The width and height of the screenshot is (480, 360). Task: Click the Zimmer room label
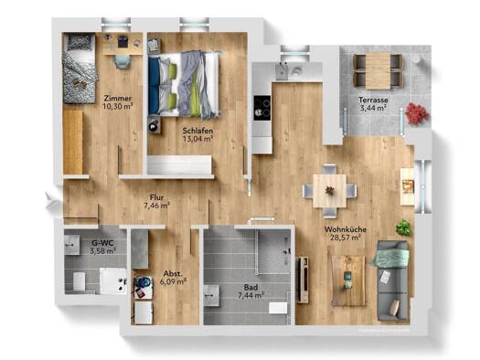coord(116,98)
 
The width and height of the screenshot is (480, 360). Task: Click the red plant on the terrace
coord(416,113)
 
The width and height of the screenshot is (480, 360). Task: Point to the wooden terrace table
coord(377,65)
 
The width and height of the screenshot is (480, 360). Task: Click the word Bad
coord(248,285)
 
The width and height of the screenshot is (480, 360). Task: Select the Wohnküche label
coord(343,229)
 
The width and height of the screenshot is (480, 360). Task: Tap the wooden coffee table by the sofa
coord(347,279)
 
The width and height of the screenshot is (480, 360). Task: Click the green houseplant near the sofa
coord(402,228)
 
